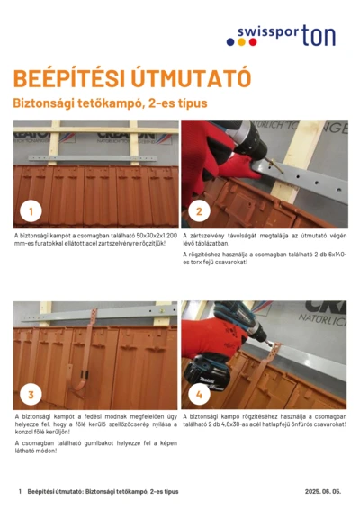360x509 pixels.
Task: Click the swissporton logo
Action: [286, 35]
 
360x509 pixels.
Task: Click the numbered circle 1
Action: [31, 211]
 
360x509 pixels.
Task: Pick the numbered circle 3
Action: [31, 393]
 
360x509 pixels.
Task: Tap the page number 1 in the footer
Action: [19, 492]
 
